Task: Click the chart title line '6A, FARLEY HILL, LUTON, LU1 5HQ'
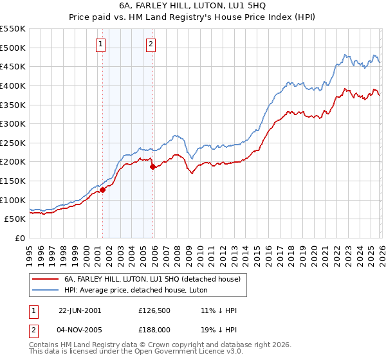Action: click(193, 6)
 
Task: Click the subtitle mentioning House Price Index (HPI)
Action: click(193, 18)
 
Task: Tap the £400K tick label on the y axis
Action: click(13, 85)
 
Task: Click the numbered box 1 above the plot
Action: click(102, 44)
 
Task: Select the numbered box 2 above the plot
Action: click(151, 44)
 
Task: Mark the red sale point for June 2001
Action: click(102, 190)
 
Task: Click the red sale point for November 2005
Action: click(152, 166)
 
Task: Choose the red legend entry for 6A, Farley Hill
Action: click(152, 279)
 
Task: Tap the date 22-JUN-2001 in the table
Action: click(80, 310)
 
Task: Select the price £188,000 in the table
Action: click(155, 330)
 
